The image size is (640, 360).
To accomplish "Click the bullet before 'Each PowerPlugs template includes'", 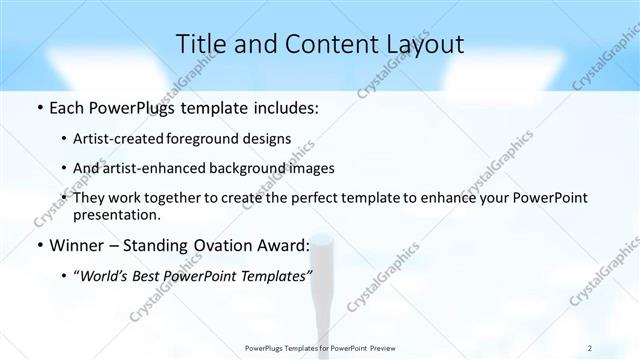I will (x=38, y=108).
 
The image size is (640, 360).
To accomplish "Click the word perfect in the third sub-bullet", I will (x=295, y=198).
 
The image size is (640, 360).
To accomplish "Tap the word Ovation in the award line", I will (x=230, y=244).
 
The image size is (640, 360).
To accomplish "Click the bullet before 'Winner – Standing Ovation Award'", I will (x=38, y=244).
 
